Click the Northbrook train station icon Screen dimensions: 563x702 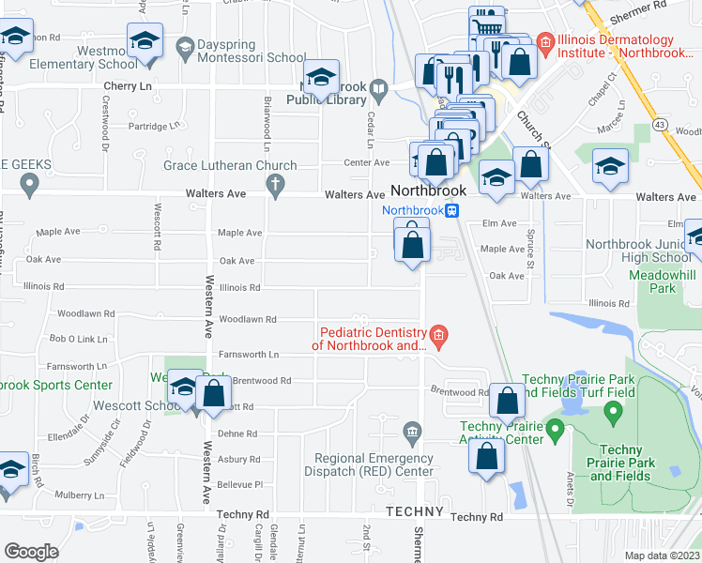(451, 211)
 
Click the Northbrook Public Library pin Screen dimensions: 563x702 (378, 91)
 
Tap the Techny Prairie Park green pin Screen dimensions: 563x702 (613, 410)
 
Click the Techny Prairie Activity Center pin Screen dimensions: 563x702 (554, 433)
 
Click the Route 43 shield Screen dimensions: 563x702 (661, 124)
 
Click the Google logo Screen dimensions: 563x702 (31, 552)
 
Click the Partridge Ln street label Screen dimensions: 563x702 (152, 126)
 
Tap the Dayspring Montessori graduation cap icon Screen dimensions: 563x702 (184, 47)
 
